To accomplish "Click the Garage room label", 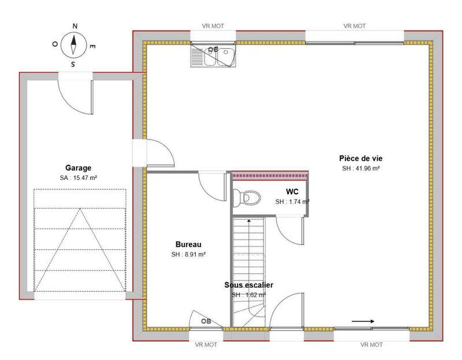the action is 78,168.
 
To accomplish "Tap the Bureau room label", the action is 188,244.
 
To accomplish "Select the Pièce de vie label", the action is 360,158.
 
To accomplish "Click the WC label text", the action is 292,192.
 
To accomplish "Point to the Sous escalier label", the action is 249,285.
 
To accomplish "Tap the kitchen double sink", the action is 213,55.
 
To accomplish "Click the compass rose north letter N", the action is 75,26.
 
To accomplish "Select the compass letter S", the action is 73,64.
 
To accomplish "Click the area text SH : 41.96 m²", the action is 360,168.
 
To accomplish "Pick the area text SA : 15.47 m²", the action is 79,178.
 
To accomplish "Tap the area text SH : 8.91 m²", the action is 188,254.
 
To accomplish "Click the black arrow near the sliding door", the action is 363,321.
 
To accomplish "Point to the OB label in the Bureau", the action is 206,321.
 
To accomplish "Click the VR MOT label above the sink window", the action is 213,26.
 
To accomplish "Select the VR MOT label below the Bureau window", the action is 206,344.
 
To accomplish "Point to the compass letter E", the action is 92,47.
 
